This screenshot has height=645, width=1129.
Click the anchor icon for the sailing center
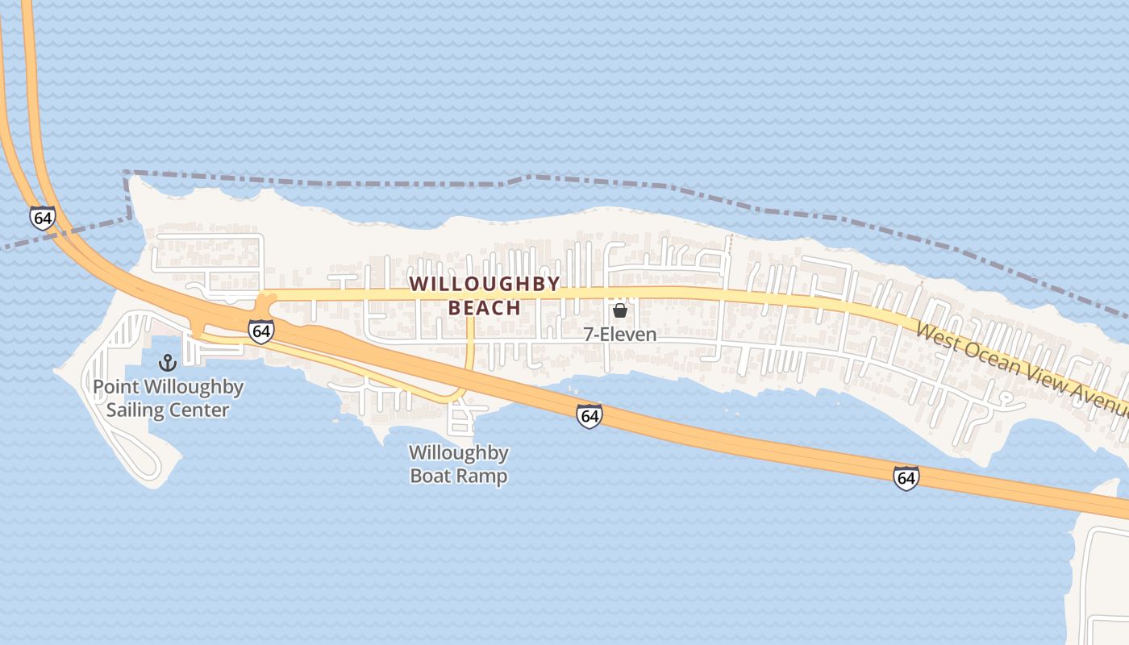tap(168, 363)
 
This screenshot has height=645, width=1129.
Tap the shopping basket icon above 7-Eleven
tap(620, 310)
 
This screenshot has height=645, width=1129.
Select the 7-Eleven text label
tap(620, 334)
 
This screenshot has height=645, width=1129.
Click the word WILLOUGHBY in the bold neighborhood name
tap(484, 284)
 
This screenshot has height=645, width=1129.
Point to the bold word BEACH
tap(485, 308)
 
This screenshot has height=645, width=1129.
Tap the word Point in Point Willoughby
tap(115, 387)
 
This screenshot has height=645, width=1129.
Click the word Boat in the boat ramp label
tap(434, 476)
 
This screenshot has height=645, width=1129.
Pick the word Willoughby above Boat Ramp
tap(458, 452)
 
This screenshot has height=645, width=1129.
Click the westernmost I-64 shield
tap(43, 218)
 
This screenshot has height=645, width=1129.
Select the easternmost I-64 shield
tap(906, 477)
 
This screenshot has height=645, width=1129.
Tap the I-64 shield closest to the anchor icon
tap(260, 331)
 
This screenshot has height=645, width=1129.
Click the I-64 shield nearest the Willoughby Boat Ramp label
tap(589, 416)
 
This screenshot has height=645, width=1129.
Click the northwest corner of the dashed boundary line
tap(127, 173)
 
